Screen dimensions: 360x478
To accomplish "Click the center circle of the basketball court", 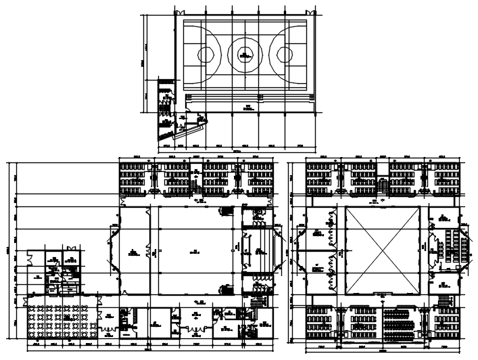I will click(244, 52).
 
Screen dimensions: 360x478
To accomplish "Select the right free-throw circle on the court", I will click(283, 52).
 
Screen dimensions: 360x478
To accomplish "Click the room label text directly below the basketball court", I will click(248, 107).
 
